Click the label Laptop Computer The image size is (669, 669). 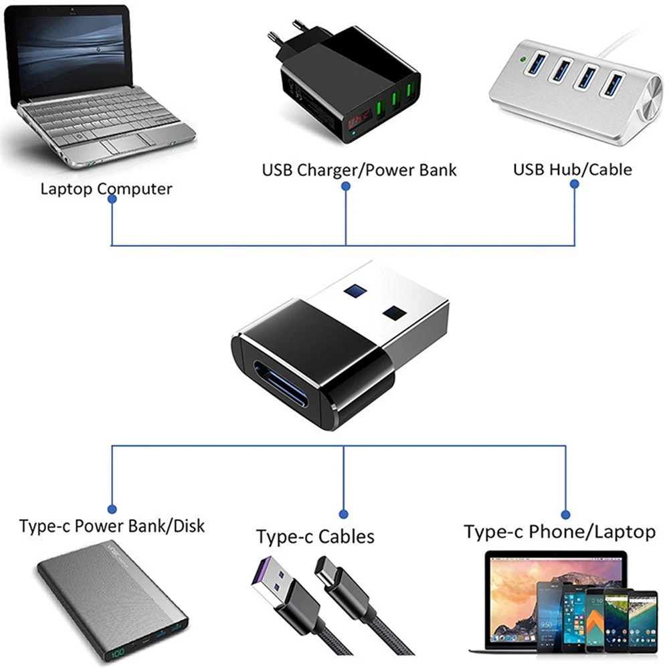(x=106, y=189)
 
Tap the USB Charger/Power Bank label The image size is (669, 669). (x=359, y=169)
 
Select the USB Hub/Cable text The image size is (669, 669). (x=572, y=169)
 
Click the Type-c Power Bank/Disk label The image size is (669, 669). (x=112, y=526)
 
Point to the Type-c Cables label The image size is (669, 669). (x=315, y=537)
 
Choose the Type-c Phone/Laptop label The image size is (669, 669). (x=559, y=532)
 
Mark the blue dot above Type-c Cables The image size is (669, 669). (x=343, y=514)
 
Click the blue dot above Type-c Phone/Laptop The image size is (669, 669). (x=565, y=514)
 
